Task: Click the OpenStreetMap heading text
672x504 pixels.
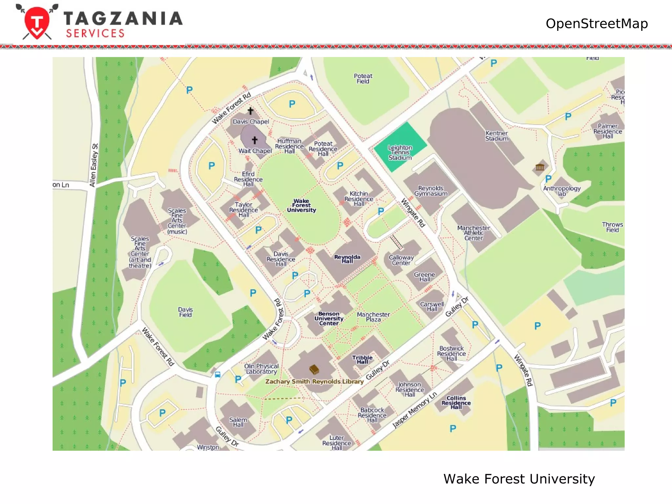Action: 597,24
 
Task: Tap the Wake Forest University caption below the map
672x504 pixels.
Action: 519,479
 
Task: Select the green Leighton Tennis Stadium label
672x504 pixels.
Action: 400,153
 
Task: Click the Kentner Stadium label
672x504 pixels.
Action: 497,136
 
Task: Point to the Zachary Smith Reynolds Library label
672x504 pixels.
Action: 314,381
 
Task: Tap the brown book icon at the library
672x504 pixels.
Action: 314,370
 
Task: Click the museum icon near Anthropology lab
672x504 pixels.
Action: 540,167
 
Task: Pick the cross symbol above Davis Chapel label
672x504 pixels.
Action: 250,111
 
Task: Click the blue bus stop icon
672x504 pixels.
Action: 218,375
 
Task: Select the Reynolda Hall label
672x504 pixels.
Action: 347,259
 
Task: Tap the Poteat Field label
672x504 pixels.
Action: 363,78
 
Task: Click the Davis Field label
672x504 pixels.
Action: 185,312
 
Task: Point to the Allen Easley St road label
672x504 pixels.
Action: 94,165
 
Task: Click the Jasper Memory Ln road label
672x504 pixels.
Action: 415,410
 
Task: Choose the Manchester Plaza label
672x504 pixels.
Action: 373,317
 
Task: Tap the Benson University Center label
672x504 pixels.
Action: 329,319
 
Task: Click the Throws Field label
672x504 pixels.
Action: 612,227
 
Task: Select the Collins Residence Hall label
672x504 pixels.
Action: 456,403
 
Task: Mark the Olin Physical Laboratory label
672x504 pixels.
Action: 261,369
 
